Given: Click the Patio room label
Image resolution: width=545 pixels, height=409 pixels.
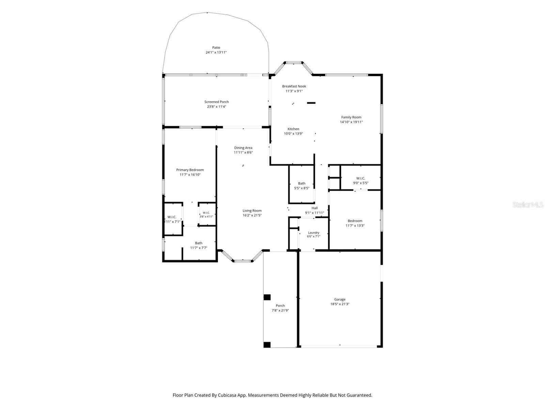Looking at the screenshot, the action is coord(216,47).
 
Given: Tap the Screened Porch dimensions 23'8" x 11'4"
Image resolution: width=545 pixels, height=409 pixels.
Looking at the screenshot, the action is coord(217,107).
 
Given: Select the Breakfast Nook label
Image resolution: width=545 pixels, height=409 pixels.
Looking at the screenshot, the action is coord(294,86).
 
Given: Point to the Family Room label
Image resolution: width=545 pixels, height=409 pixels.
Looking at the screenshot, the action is coord(351,117).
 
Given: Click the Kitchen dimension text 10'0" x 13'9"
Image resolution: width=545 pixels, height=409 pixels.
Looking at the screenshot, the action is coord(293,134).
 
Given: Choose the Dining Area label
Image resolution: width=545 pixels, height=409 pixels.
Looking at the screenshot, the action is coord(243,148).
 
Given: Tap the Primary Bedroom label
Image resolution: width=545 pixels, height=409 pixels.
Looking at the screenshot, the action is coord(190,170).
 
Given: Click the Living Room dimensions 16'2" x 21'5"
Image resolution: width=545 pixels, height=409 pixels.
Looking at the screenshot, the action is coord(252,215).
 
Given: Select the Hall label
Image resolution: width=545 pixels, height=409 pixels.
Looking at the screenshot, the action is coord(315,208).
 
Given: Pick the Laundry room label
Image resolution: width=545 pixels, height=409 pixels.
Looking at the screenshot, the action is coord(314,233).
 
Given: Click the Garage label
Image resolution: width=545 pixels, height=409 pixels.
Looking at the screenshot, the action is coord(340,300).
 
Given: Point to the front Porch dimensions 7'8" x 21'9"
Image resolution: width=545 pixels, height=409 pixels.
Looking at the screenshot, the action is coord(280,310).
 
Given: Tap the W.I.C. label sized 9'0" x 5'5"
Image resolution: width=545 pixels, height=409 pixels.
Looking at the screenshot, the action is coord(360,178).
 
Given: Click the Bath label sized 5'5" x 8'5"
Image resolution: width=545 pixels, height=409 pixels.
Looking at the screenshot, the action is coord(302,183).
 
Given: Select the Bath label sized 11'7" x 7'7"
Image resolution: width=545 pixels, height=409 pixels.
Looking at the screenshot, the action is coord(199,243).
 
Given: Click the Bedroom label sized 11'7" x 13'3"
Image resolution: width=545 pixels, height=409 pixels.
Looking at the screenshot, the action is coord(355,221).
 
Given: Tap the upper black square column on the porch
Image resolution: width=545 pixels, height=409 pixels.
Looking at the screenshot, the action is coord(267,297).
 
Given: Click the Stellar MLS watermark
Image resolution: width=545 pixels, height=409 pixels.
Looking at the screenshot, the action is coord(528,204).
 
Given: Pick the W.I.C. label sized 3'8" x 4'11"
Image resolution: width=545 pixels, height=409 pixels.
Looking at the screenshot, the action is coord(206,213).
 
